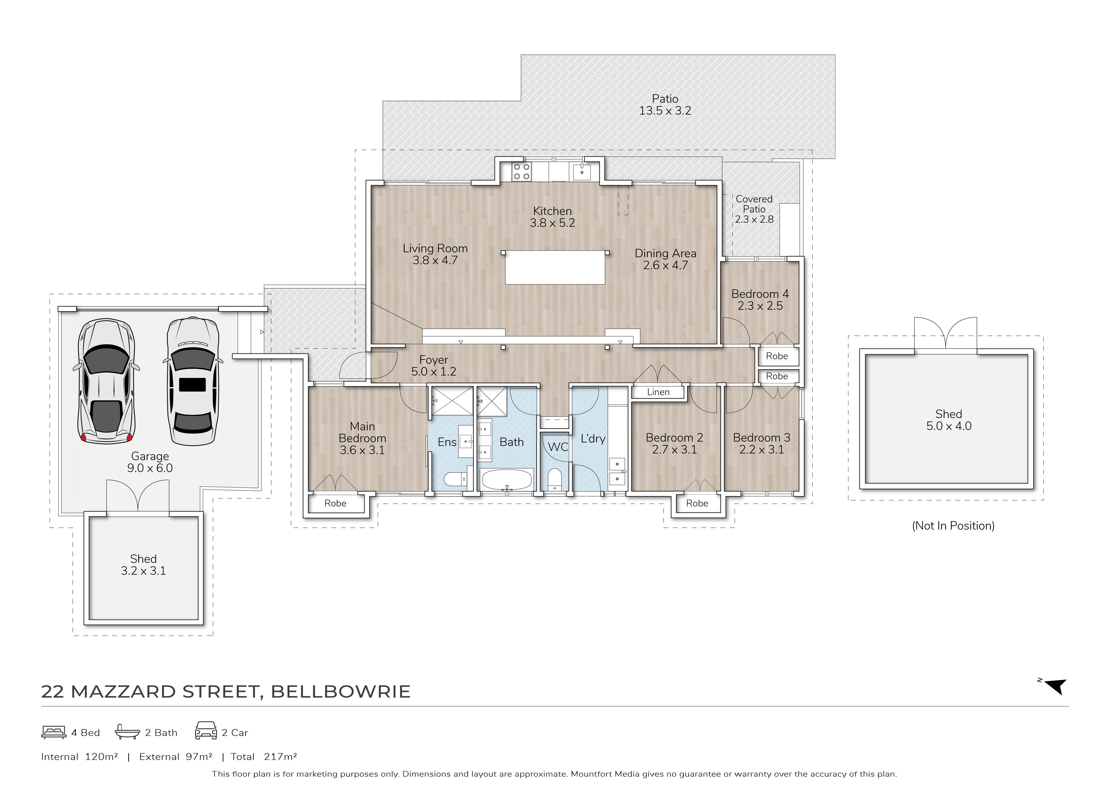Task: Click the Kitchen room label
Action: pos(552,211)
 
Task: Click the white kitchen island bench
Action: pos(555,267)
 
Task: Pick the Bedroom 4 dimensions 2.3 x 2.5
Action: pos(760,306)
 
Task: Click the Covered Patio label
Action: pos(754,204)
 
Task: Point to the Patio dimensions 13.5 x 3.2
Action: pos(665,111)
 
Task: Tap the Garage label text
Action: pos(150,456)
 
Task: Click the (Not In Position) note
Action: pos(953,526)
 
